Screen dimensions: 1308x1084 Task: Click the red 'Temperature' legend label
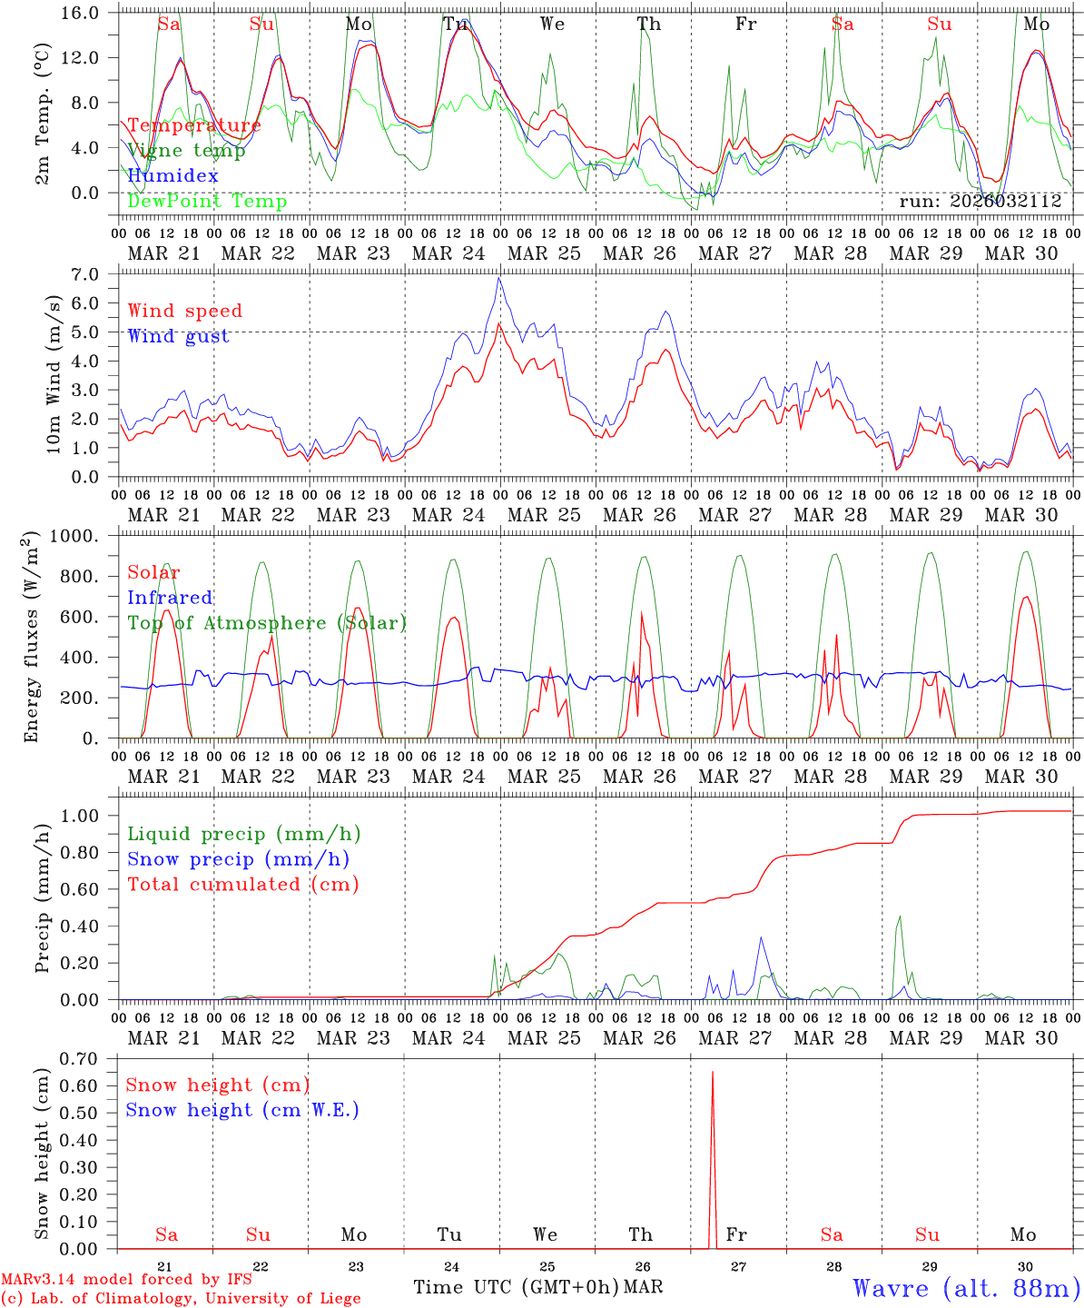[x=193, y=125]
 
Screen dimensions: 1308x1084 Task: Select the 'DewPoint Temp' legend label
[x=207, y=202]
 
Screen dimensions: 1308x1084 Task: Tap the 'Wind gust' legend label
[x=178, y=336]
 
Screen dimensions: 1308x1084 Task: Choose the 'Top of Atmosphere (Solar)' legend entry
[x=267, y=623]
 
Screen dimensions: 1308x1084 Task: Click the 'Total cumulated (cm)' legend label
[x=242, y=885]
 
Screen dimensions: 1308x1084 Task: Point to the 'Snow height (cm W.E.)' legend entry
[x=241, y=1110]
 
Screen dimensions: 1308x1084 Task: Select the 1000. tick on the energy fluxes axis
[x=84, y=537]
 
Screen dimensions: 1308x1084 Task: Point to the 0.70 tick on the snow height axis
[x=91, y=1059]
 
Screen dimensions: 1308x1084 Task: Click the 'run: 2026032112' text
[x=980, y=202]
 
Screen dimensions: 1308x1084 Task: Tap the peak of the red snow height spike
[x=712, y=1073]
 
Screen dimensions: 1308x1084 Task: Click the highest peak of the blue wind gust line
[x=498, y=279]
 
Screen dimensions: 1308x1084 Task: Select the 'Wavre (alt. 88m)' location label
[x=966, y=1288]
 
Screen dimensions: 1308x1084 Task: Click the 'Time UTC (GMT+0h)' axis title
[x=516, y=1287]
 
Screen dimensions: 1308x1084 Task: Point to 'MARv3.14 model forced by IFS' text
[x=126, y=1279]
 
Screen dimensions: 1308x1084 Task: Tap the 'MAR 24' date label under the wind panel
[x=448, y=515]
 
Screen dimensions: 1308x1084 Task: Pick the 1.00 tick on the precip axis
[x=91, y=816]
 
